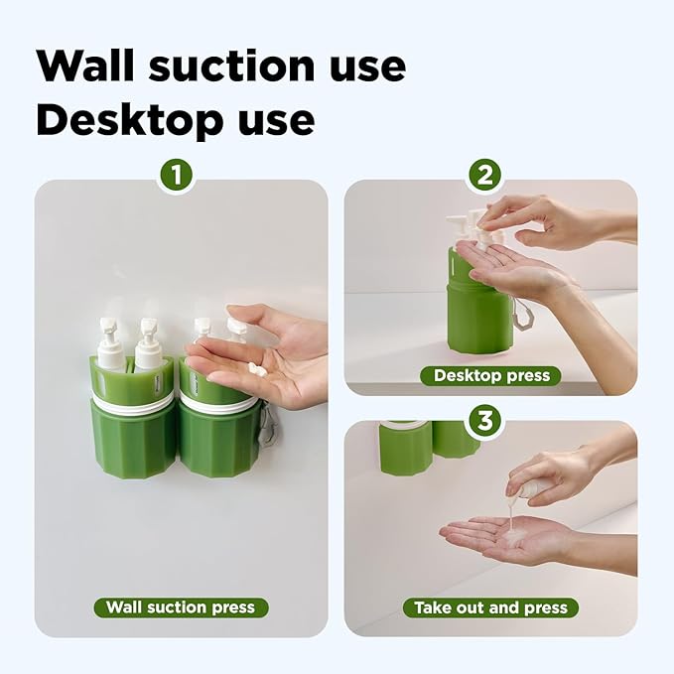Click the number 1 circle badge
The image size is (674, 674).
[x=177, y=177]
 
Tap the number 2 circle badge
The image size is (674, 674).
[x=484, y=177]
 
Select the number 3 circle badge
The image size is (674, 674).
[x=484, y=420]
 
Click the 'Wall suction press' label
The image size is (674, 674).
[x=181, y=607]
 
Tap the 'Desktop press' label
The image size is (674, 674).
[x=491, y=376]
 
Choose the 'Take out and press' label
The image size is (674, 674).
[x=491, y=607]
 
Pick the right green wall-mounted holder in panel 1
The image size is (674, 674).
[x=218, y=432]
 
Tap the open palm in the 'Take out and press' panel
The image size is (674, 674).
[x=506, y=537]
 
